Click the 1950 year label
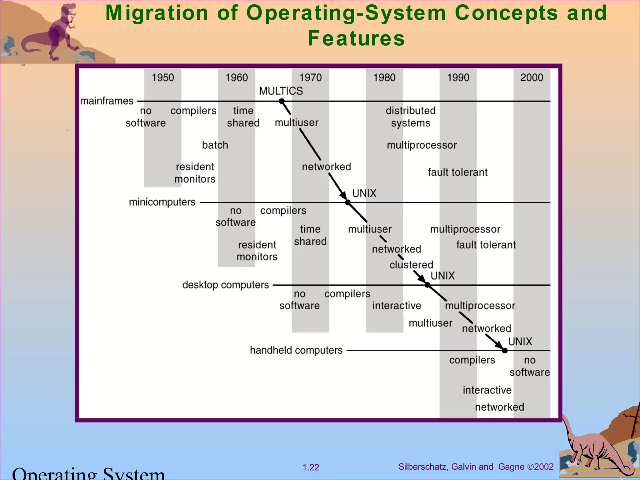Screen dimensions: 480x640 pos(162,77)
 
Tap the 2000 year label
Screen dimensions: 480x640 pos(532,77)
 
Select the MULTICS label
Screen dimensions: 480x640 pos(281,91)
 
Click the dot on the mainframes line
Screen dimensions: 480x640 pos(282,101)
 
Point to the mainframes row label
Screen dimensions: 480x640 pos(107,101)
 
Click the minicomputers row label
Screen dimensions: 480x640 pos(162,202)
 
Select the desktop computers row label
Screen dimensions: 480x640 pos(225,285)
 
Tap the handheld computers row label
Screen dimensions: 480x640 pos(296,350)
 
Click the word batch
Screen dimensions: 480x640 pos(215,145)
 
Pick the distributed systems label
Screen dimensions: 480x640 pos(410,117)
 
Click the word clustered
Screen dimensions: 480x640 pos(411,265)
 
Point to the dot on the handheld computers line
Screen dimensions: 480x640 pos(505,351)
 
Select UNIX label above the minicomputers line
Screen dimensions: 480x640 pos(364,193)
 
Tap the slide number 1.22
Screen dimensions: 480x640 pos(311,467)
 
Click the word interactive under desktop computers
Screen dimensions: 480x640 pos(397,305)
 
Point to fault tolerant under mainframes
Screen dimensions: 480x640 pos(457,172)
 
